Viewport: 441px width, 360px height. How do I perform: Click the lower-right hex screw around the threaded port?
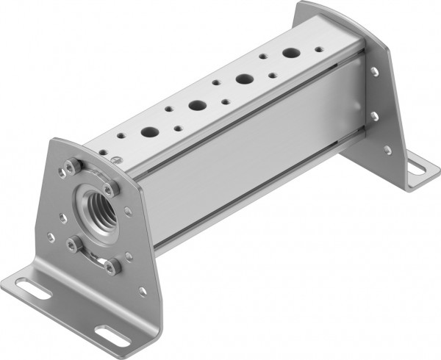click(x=112, y=267)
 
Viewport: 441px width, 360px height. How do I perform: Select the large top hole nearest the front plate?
click(x=150, y=133)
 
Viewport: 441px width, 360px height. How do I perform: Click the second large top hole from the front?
click(x=197, y=105)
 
